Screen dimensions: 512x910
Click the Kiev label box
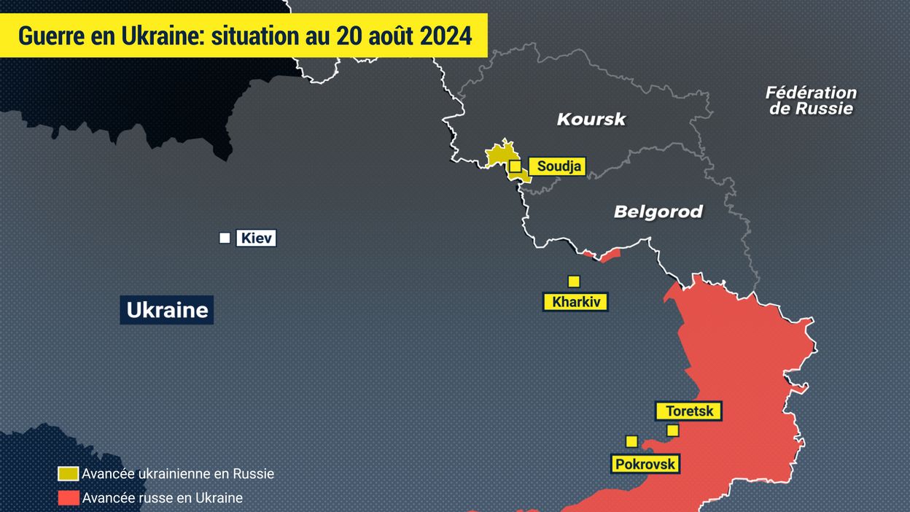pos(256,238)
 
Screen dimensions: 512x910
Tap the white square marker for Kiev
pos(225,238)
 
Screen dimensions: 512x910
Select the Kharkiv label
pos(575,302)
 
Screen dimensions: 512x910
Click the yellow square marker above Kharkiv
pos(574,282)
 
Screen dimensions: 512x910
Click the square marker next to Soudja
pos(515,166)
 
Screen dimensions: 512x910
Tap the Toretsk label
pos(689,411)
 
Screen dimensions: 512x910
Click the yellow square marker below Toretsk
pos(672,430)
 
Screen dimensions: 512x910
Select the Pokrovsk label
pos(645,464)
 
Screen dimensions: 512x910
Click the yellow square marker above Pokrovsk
pos(631,441)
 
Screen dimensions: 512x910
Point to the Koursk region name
pos(591,119)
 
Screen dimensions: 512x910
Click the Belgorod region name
pos(658,212)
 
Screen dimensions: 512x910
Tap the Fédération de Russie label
pos(811,101)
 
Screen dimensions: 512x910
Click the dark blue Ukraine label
pos(167,310)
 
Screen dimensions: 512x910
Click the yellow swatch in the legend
pos(69,473)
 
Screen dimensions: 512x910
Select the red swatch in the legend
pos(69,498)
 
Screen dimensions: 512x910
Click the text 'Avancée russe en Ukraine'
pos(162,498)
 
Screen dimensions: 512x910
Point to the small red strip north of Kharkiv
pos(602,255)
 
